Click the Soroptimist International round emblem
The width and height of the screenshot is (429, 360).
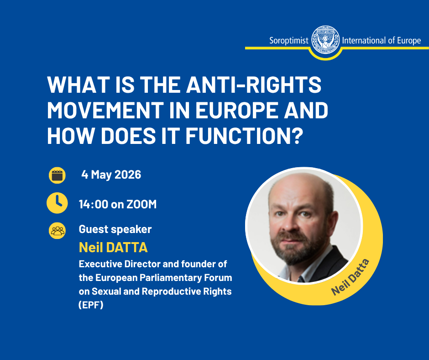coord(325,40)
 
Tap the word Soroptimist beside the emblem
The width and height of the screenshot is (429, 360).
coord(288,41)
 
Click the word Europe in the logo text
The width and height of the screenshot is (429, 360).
coord(409,41)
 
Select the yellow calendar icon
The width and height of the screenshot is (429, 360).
coord(57,175)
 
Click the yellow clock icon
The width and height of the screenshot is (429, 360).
coord(57,203)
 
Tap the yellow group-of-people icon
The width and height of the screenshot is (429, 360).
coord(57,231)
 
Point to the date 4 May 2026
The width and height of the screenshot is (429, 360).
coord(111,175)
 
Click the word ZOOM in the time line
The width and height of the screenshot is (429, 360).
coord(141,204)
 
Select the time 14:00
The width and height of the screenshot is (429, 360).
coord(93,204)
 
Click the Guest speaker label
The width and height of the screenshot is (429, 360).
coord(115,229)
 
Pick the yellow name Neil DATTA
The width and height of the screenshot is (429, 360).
coord(113,248)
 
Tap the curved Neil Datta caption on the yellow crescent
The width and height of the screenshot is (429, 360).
coord(350,277)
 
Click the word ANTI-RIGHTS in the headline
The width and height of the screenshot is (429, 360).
coord(254,85)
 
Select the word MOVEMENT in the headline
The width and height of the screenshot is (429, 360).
coord(105,110)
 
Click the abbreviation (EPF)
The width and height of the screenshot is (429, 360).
coord(91,305)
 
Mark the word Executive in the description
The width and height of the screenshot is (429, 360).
coord(100,264)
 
